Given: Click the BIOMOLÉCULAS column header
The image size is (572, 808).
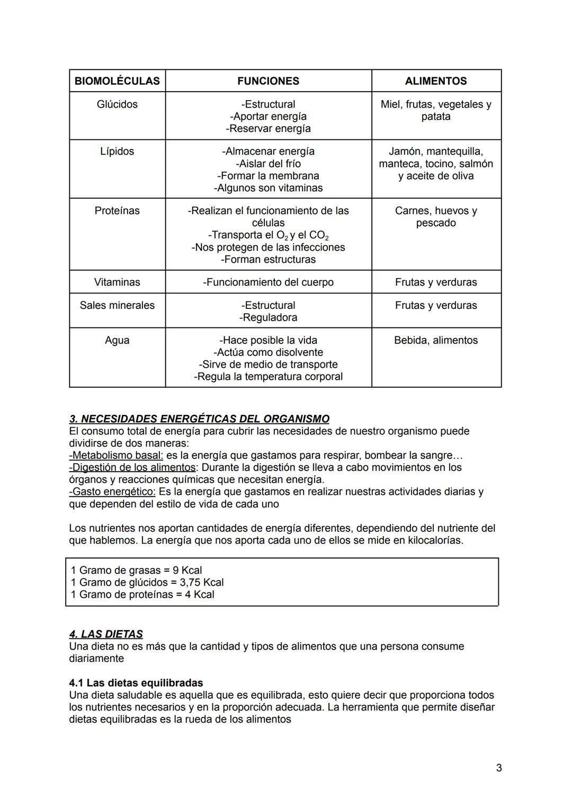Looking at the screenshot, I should (x=117, y=81).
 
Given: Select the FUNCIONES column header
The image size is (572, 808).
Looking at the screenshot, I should (x=268, y=81).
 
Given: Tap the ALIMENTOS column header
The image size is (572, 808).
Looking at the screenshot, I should (x=436, y=81).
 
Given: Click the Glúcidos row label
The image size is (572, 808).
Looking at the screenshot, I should (x=117, y=104).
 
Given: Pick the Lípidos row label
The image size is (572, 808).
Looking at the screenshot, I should (x=117, y=152).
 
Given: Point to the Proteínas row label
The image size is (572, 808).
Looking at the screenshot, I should (x=117, y=211).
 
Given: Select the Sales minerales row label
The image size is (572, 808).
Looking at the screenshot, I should (x=117, y=305).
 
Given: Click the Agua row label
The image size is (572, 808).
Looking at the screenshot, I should (x=117, y=340).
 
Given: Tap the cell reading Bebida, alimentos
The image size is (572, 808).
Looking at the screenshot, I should (x=436, y=340).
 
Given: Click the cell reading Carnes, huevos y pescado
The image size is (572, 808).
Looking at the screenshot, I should (x=436, y=217).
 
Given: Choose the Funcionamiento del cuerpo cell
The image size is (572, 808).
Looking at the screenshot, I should (x=268, y=282).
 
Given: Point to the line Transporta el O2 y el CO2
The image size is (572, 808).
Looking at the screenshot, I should (x=268, y=235).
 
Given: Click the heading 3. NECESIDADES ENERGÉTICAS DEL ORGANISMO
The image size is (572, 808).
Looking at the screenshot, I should (x=199, y=419).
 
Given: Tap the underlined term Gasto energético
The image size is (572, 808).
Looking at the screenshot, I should (x=112, y=492).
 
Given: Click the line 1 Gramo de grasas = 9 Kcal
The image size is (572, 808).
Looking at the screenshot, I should (x=136, y=570).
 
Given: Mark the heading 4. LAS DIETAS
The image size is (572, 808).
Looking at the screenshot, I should (x=106, y=634).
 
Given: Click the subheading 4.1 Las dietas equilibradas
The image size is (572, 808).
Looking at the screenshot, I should (x=136, y=683).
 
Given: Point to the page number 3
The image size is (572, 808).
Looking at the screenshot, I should (x=499, y=768).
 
